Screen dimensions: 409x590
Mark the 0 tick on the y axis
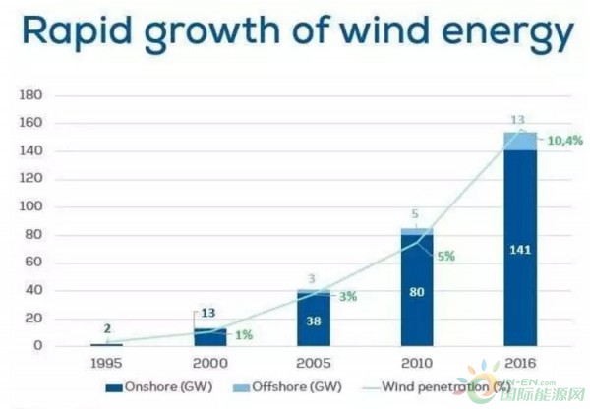coord(37,346)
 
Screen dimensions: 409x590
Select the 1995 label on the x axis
coord(107,362)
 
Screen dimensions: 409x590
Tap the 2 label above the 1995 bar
coord(107,330)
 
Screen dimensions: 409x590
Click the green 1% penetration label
coord(244,335)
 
